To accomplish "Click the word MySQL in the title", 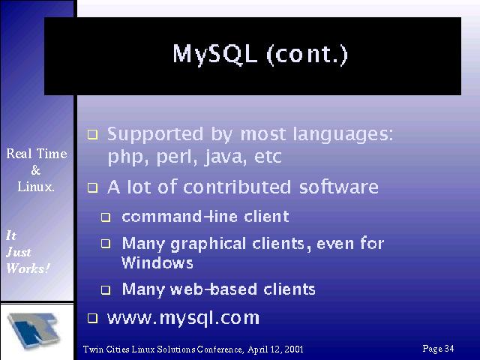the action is click(215, 55).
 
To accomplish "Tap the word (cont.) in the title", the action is click(307, 55).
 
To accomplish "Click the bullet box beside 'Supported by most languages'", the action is click(92, 135).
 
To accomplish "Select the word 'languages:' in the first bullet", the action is click(343, 135).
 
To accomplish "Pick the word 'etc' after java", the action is click(268, 157).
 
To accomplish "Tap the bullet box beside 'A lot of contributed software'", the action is click(92, 187).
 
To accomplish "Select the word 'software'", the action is click(338, 187).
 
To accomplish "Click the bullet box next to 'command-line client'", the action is click(106, 217).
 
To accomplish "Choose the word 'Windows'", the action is click(157, 262).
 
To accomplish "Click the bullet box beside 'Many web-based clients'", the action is click(106, 289).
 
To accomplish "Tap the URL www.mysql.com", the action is click(183, 318).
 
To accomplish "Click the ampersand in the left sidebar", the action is click(36, 170).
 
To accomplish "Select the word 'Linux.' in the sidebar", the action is click(36, 187).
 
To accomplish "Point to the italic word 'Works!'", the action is click(28, 268).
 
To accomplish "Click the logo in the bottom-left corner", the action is click(34, 331).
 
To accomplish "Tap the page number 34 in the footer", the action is click(449, 348).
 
